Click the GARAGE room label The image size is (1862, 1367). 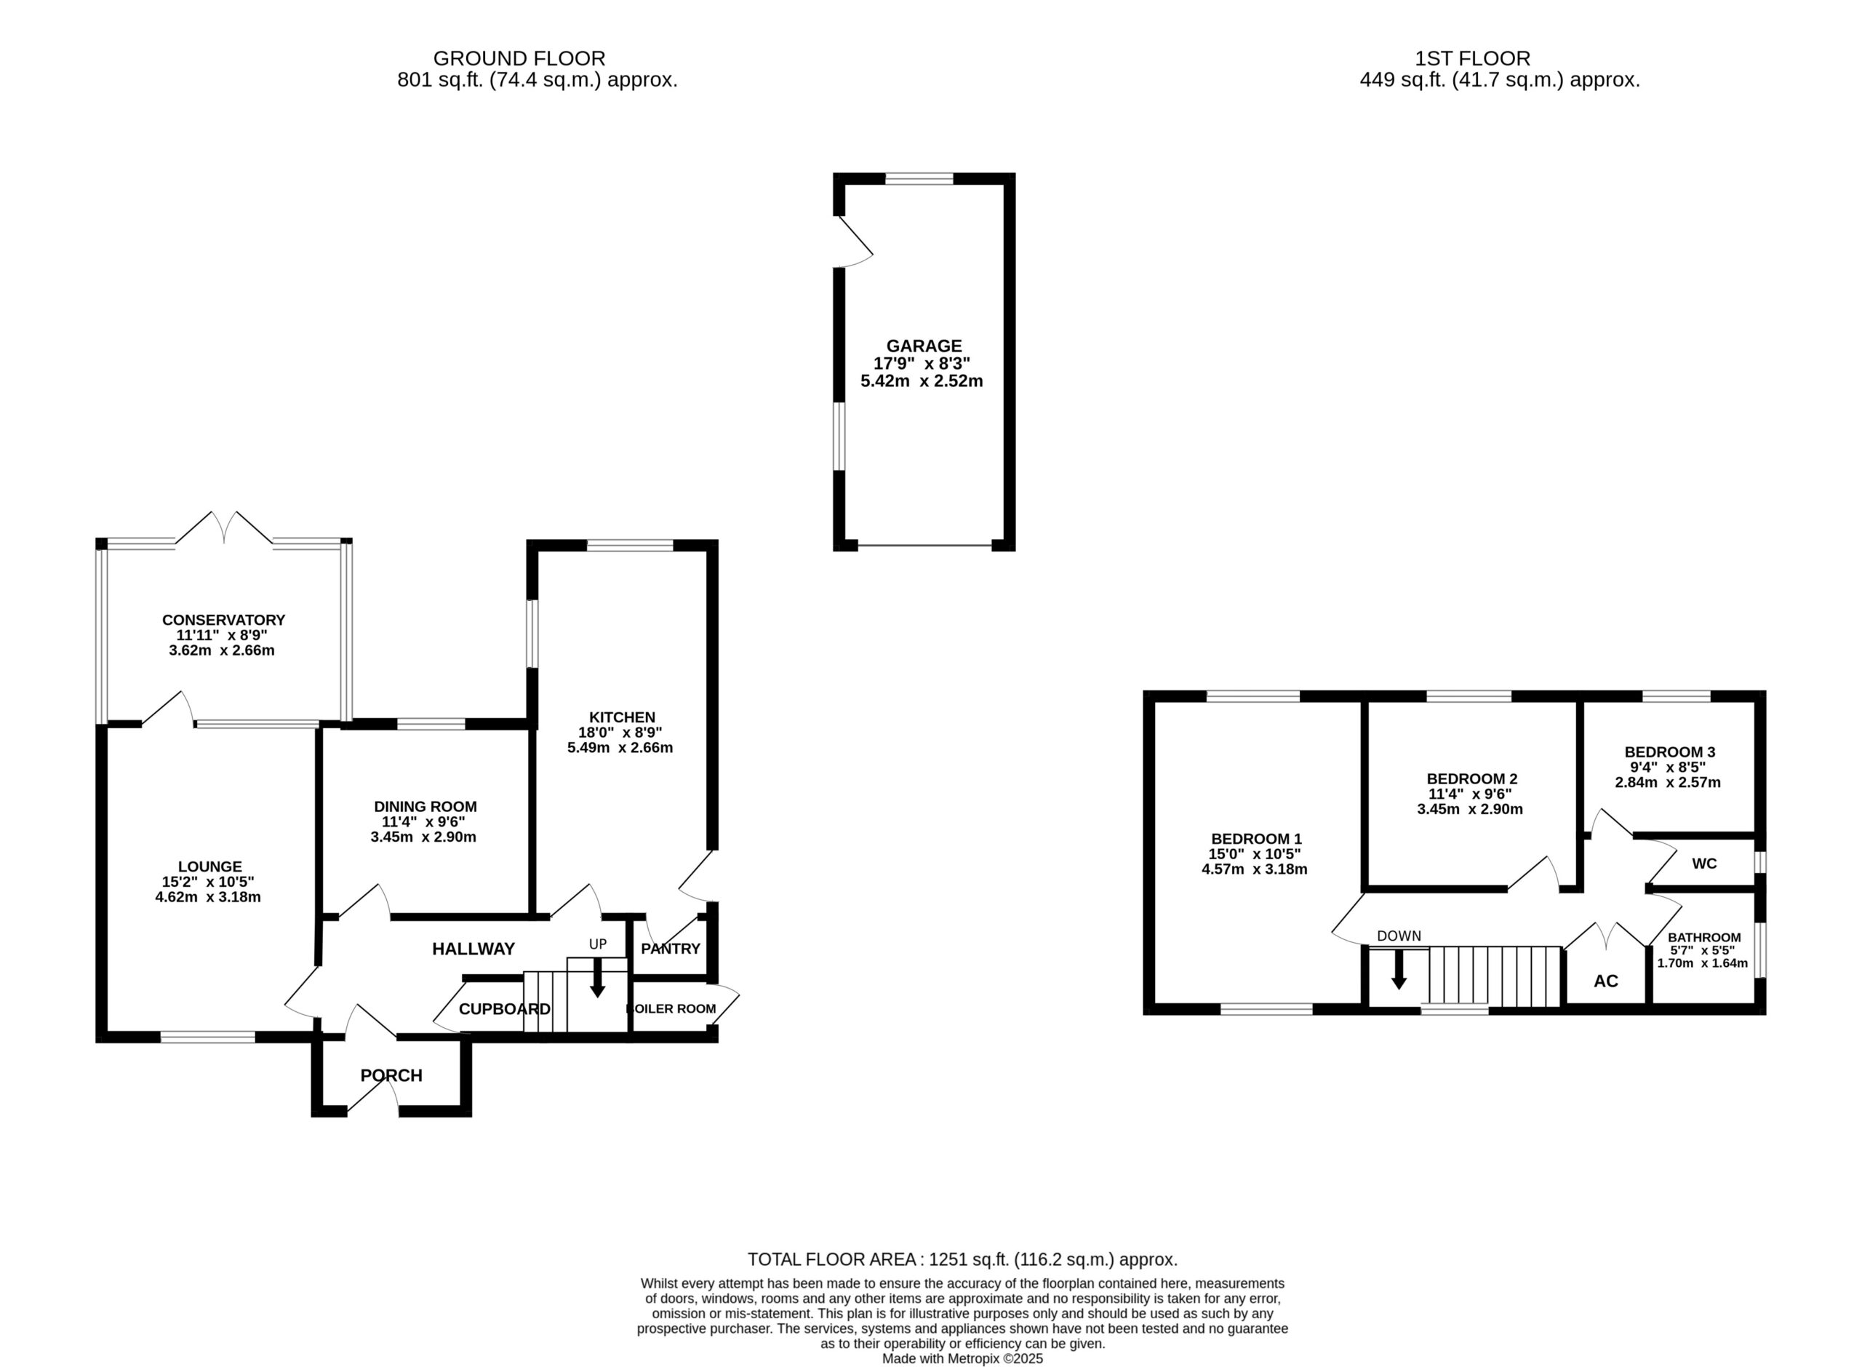pyautogui.click(x=924, y=346)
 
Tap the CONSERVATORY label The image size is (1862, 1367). pyautogui.click(x=223, y=620)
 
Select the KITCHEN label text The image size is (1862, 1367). pyautogui.click(x=622, y=717)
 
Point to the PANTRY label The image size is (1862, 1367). pyautogui.click(x=670, y=948)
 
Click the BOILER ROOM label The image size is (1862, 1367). pyautogui.click(x=671, y=1009)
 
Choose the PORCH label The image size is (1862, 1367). pyautogui.click(x=391, y=1075)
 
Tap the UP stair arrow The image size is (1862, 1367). pyautogui.click(x=597, y=977)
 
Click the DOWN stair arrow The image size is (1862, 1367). pyautogui.click(x=1399, y=969)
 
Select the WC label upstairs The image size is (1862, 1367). pyautogui.click(x=1704, y=864)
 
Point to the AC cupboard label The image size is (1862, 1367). pyautogui.click(x=1605, y=981)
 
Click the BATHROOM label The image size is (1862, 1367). pyautogui.click(x=1704, y=938)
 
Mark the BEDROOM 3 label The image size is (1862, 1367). pyautogui.click(x=1669, y=752)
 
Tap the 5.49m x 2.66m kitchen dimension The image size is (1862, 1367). pyautogui.click(x=620, y=748)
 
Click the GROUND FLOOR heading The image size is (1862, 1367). pyautogui.click(x=519, y=59)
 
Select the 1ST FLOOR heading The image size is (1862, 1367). pyautogui.click(x=1472, y=59)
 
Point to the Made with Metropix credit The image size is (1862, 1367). pyautogui.click(x=963, y=1358)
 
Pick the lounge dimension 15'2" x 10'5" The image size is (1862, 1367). pyautogui.click(x=209, y=882)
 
